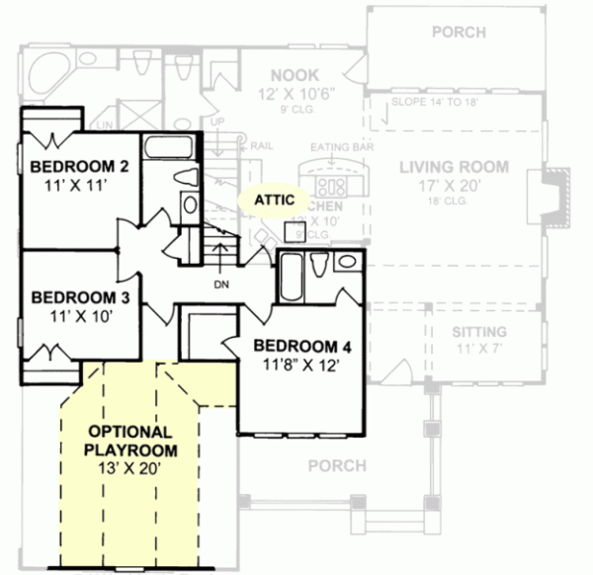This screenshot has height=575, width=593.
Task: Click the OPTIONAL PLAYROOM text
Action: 130,442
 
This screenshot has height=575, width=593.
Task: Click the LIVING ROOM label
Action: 454,166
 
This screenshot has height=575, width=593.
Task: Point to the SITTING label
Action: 478,331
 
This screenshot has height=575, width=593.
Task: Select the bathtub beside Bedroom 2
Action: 170,149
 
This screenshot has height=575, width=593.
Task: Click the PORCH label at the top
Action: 458,32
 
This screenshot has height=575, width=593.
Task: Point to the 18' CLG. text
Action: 454,205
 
